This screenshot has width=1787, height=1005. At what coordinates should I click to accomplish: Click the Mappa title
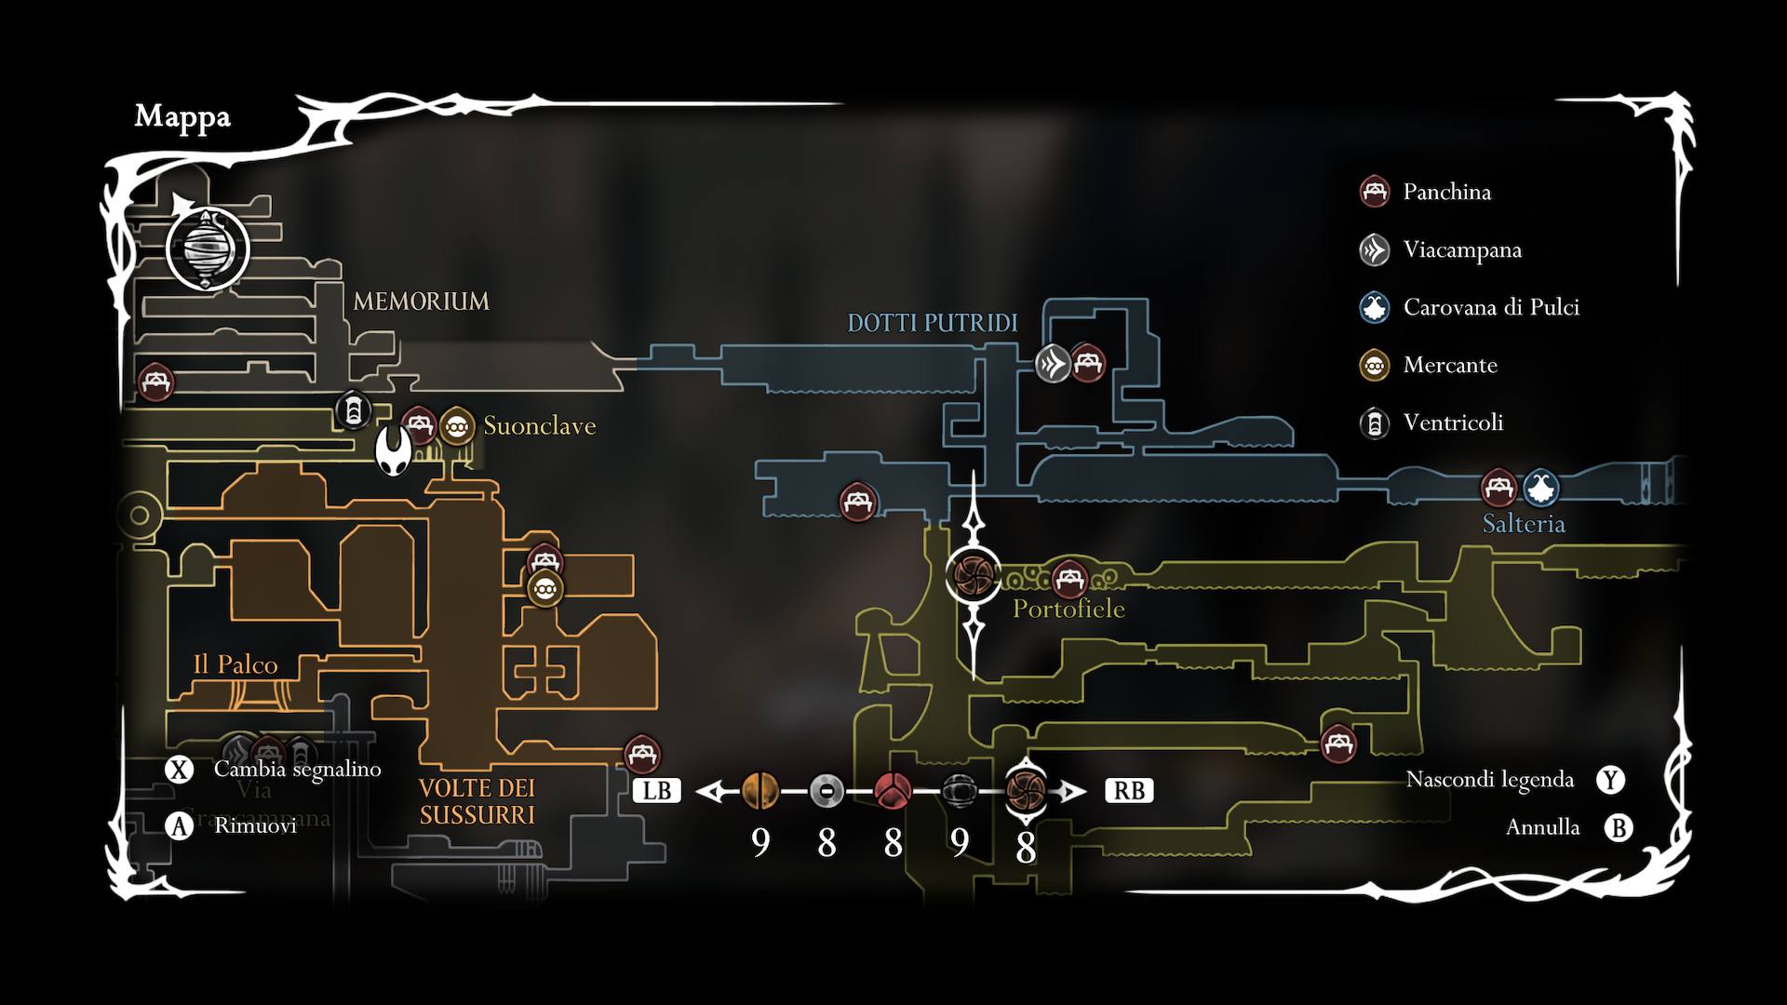[x=182, y=116]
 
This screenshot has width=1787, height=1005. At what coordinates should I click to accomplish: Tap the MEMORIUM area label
[x=421, y=301]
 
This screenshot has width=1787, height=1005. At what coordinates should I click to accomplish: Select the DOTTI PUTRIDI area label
[x=932, y=323]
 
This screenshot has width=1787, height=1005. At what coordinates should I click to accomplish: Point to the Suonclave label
[x=539, y=426]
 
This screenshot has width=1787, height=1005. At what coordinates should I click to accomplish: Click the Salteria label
[x=1524, y=524]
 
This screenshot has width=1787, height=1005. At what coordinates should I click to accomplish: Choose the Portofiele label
[x=1068, y=609]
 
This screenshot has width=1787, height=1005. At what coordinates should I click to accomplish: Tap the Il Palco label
[x=235, y=664]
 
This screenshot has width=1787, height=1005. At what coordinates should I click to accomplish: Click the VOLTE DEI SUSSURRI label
[x=477, y=801]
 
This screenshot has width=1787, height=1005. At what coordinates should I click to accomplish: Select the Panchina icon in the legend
[x=1375, y=192]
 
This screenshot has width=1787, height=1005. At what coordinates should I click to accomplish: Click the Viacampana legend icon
[x=1375, y=249]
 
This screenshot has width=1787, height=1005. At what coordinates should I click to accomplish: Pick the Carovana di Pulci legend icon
[x=1375, y=307]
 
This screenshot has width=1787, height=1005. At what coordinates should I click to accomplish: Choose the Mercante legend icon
[x=1375, y=365]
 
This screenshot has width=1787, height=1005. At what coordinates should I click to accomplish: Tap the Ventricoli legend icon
[x=1375, y=423]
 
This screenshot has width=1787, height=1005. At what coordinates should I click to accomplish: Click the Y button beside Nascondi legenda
[x=1611, y=780]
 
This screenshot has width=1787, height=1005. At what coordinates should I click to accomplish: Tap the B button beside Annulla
[x=1619, y=827]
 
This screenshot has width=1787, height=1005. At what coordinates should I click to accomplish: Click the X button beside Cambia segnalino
[x=179, y=770]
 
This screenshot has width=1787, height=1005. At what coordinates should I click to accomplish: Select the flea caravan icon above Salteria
[x=1541, y=488]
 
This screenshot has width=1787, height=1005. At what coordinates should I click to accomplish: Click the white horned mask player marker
[x=394, y=451]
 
